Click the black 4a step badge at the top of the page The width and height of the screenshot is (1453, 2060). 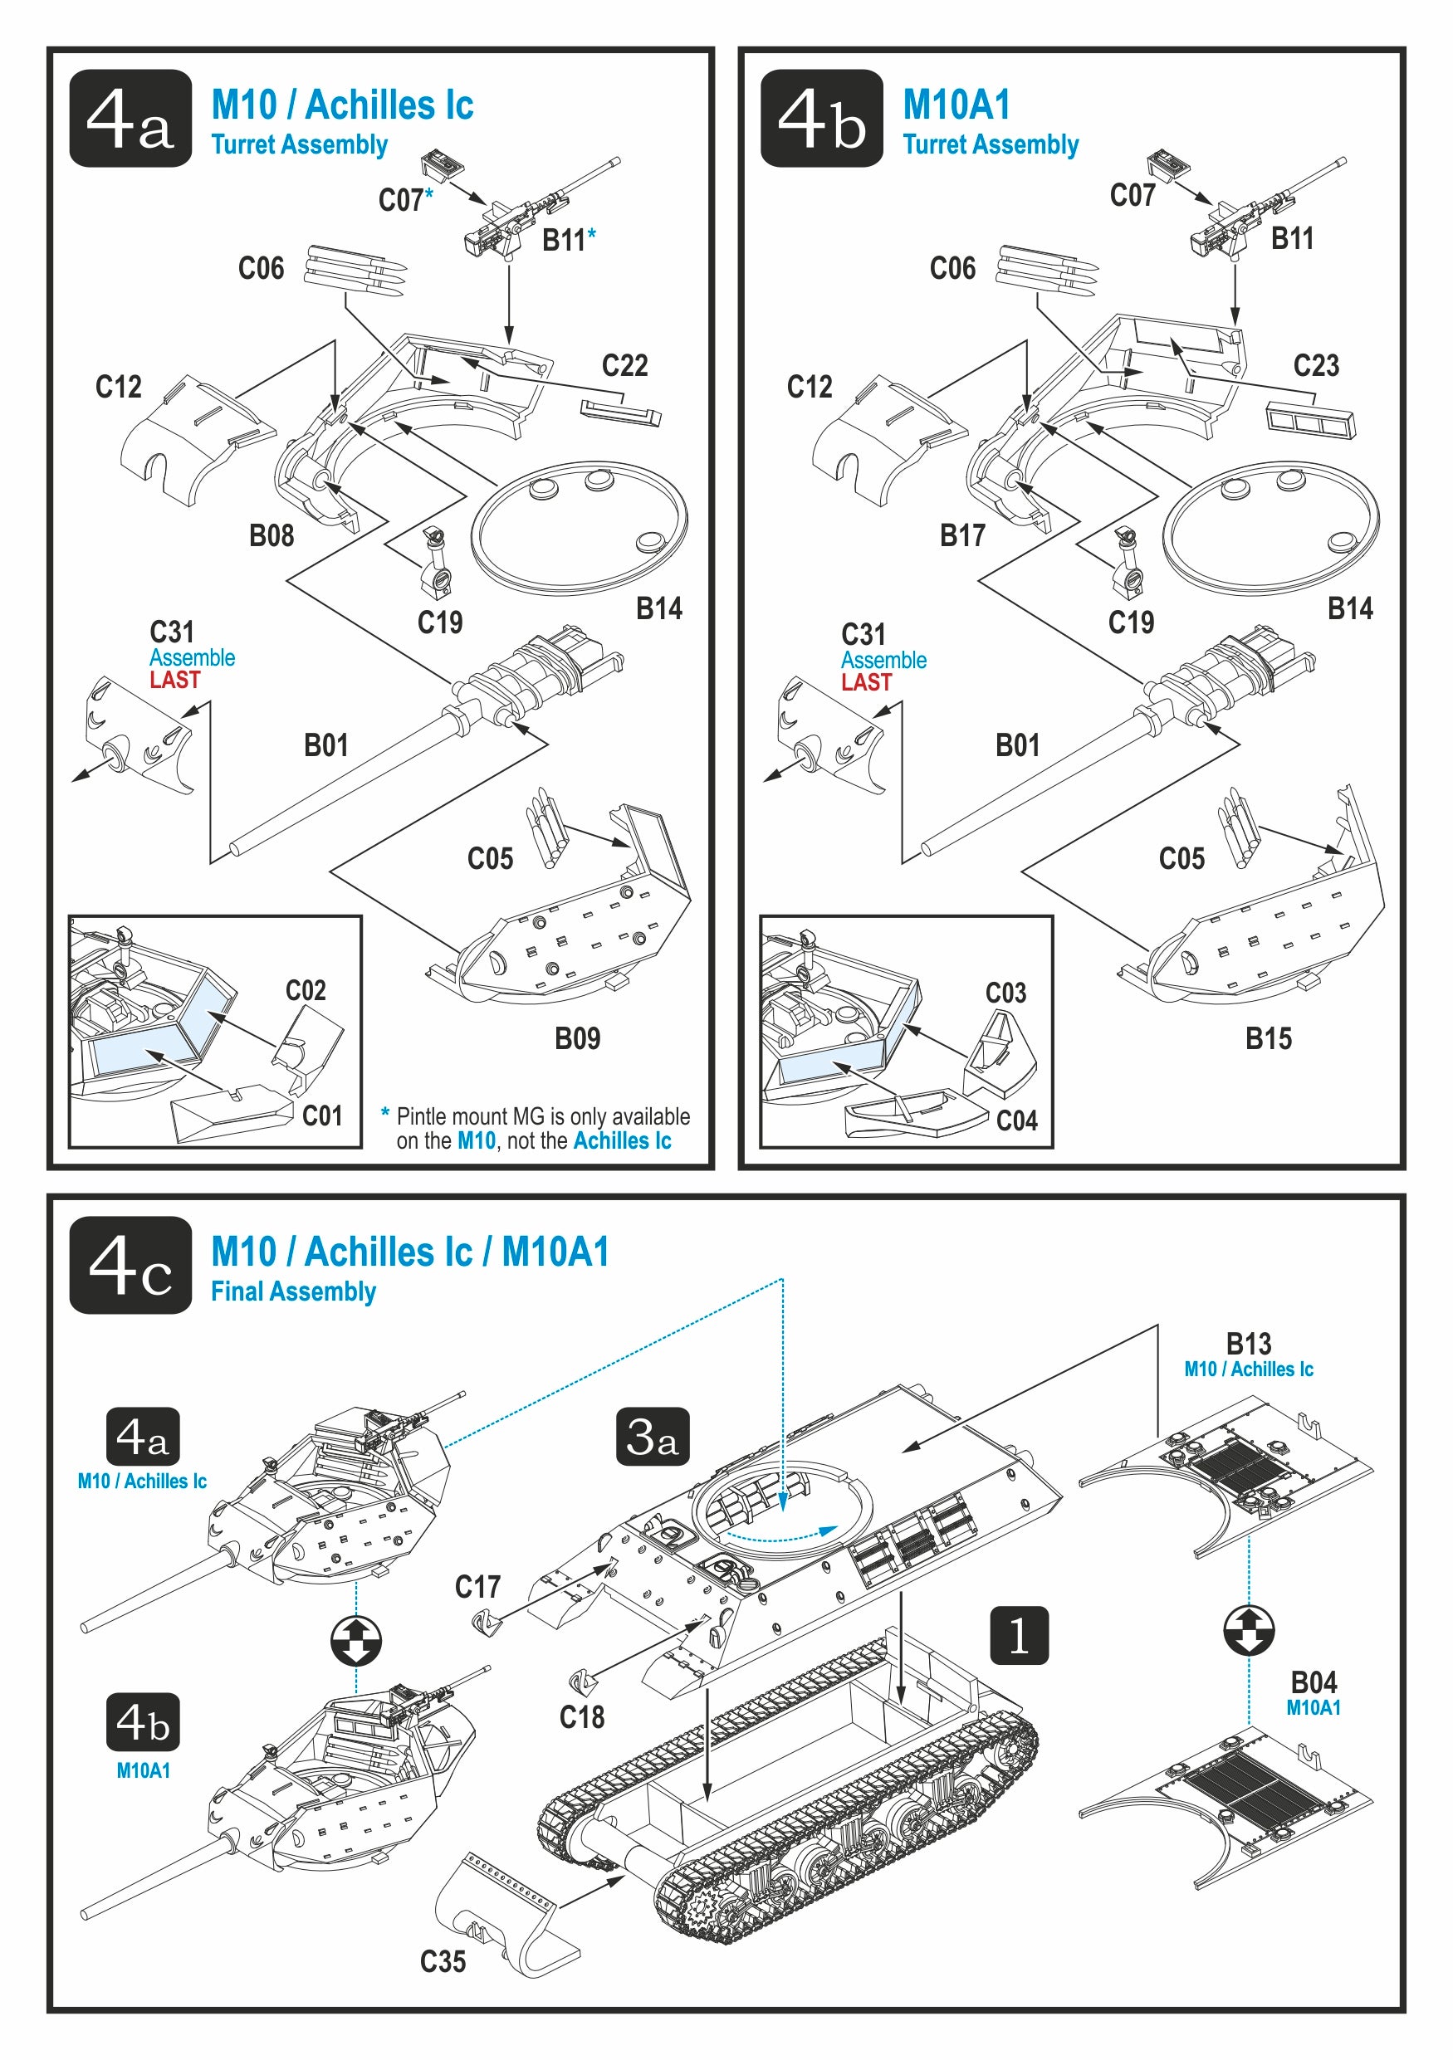click(130, 118)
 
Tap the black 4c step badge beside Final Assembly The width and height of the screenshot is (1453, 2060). click(130, 1265)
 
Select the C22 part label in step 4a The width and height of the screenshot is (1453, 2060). click(624, 365)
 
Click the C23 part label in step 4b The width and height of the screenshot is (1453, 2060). click(1316, 365)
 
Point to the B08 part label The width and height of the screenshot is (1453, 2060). click(271, 535)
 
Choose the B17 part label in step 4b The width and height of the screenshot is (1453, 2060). click(962, 535)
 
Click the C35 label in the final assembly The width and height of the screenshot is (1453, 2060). click(443, 1961)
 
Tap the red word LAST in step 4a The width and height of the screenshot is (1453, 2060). click(175, 680)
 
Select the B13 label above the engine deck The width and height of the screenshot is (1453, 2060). click(1249, 1344)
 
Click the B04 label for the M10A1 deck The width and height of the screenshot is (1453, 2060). click(1313, 1682)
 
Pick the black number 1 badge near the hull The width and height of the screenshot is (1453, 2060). click(1019, 1636)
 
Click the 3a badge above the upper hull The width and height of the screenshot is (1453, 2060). click(653, 1437)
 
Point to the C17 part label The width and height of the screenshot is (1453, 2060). click(477, 1587)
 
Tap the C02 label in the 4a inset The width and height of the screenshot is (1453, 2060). click(306, 990)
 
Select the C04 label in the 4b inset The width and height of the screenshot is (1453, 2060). click(1016, 1120)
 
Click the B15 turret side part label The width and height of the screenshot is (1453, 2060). click(1268, 1038)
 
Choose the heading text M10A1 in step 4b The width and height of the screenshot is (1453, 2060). click(956, 105)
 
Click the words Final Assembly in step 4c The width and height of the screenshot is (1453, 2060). click(293, 1292)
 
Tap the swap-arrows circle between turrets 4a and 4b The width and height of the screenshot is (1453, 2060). click(356, 1640)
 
